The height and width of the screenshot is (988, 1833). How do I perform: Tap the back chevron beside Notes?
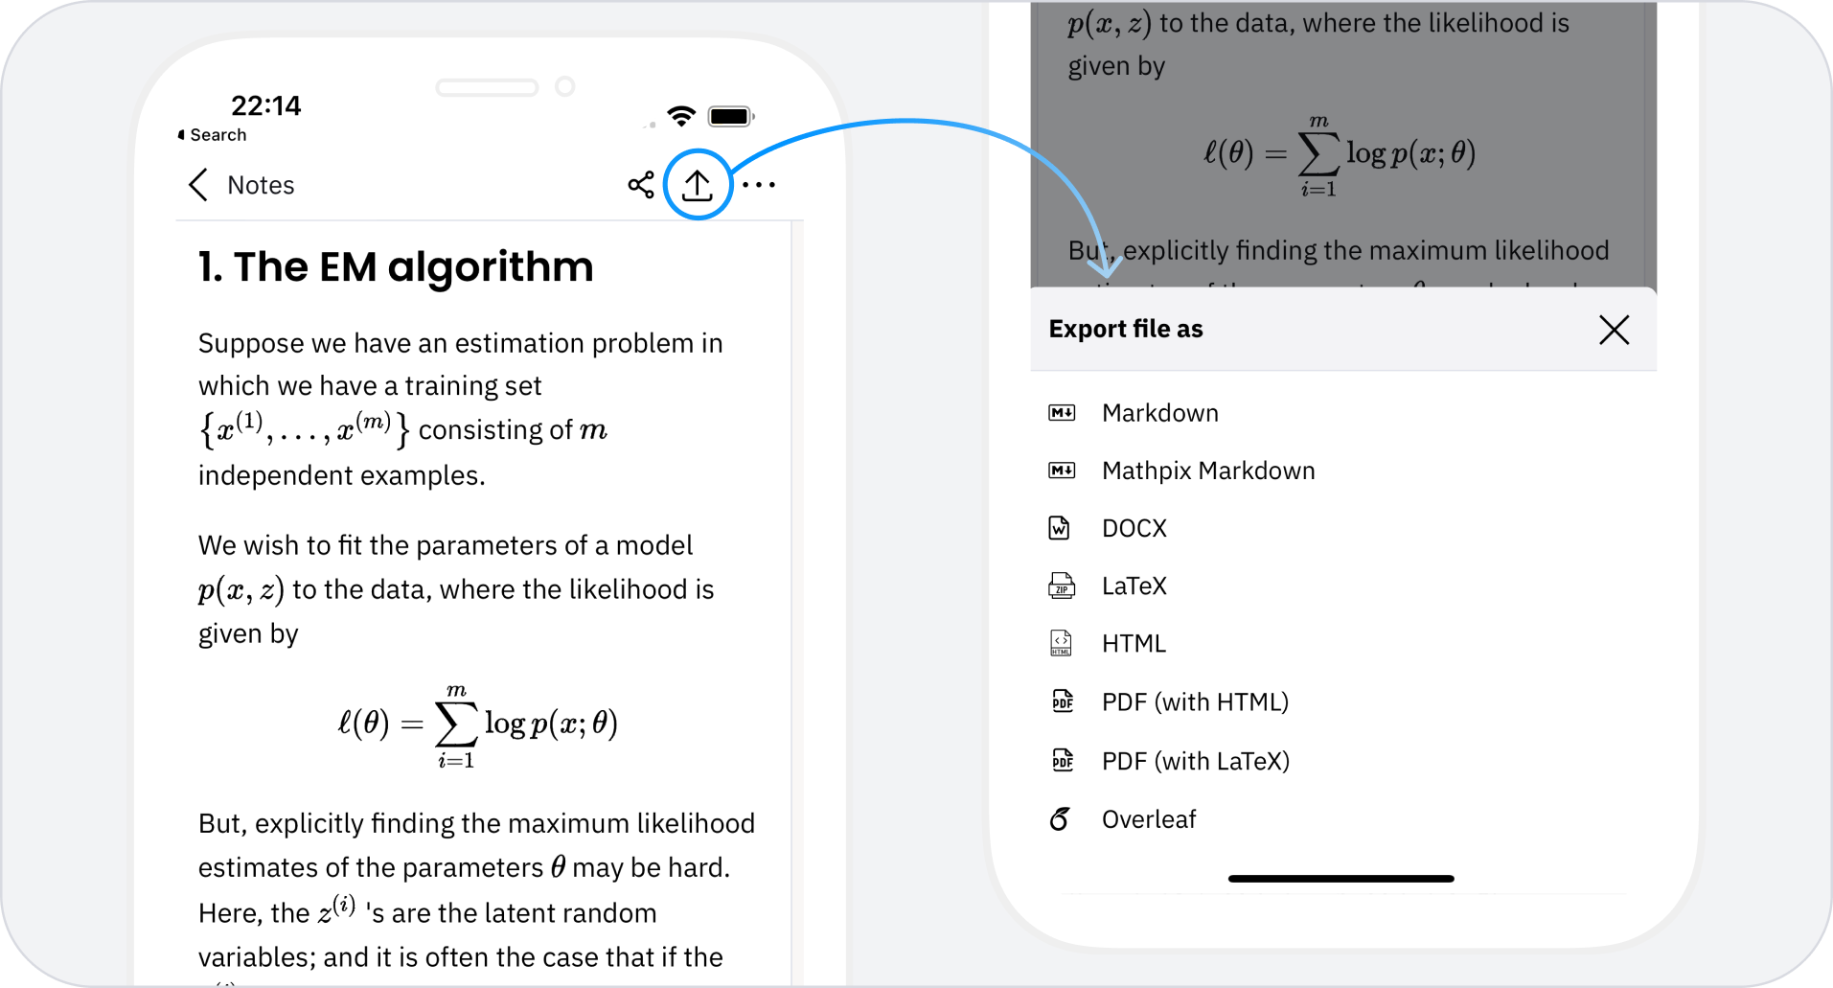coord(198,185)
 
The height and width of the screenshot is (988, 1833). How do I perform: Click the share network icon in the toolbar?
coord(641,185)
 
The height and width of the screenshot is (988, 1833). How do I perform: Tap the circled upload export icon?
coord(698,185)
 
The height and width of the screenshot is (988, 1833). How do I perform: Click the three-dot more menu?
coord(759,185)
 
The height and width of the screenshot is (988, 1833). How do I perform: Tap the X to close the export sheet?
coord(1615,330)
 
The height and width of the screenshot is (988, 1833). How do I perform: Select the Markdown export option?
coord(1160,413)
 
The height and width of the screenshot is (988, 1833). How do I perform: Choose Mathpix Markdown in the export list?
coord(1208,471)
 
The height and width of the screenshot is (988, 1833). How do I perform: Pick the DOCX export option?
coord(1134,528)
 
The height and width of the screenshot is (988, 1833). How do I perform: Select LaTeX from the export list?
coord(1134,586)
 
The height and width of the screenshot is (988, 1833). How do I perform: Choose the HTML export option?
coord(1134,643)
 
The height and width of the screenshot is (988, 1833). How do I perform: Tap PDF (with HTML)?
coord(1195,702)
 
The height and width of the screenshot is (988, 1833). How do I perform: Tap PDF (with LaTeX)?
coord(1196,761)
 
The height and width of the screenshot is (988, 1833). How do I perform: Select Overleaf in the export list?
coord(1149,819)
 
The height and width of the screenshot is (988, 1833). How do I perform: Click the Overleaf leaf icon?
coord(1060,819)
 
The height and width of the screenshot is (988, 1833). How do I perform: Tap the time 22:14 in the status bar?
coord(265,105)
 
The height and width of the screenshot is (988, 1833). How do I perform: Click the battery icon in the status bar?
coord(731,116)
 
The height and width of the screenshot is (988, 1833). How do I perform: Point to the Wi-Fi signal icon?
coord(681,116)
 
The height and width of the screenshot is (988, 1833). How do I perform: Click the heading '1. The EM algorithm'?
coord(396,266)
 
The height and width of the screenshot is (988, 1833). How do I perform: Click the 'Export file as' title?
coord(1126,329)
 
